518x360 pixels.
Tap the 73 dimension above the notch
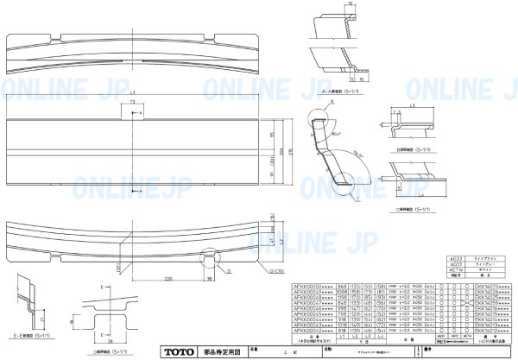(x=131, y=102)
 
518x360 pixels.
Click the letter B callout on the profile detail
(x=329, y=102)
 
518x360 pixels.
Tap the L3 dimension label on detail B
(x=412, y=104)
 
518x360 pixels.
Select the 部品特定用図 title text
(x=218, y=352)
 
